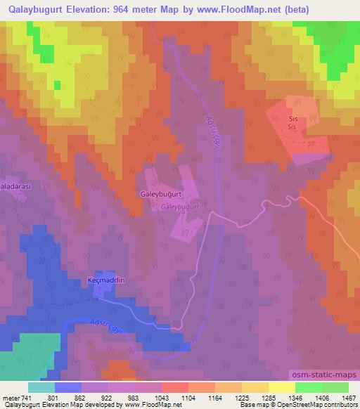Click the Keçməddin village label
[105, 280]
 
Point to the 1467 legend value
[349, 397]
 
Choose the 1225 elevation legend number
[242, 397]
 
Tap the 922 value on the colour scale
[108, 397]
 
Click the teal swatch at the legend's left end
[41, 387]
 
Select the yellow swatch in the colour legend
[281, 387]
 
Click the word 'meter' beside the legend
[10, 397]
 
